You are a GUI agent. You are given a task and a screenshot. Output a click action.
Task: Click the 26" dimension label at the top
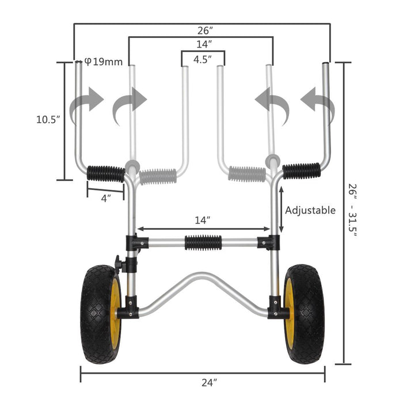click(201, 30)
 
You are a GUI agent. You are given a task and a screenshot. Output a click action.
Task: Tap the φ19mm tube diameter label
click(104, 61)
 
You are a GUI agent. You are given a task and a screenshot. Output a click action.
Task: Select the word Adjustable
click(310, 210)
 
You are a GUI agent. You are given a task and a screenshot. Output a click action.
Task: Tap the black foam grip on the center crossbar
click(203, 242)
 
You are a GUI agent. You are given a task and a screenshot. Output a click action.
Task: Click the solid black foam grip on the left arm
click(106, 173)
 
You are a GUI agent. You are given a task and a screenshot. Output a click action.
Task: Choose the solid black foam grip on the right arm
click(301, 170)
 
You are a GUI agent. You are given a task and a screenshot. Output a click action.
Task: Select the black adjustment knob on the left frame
click(119, 264)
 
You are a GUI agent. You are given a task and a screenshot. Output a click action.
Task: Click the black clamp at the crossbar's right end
click(269, 242)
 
